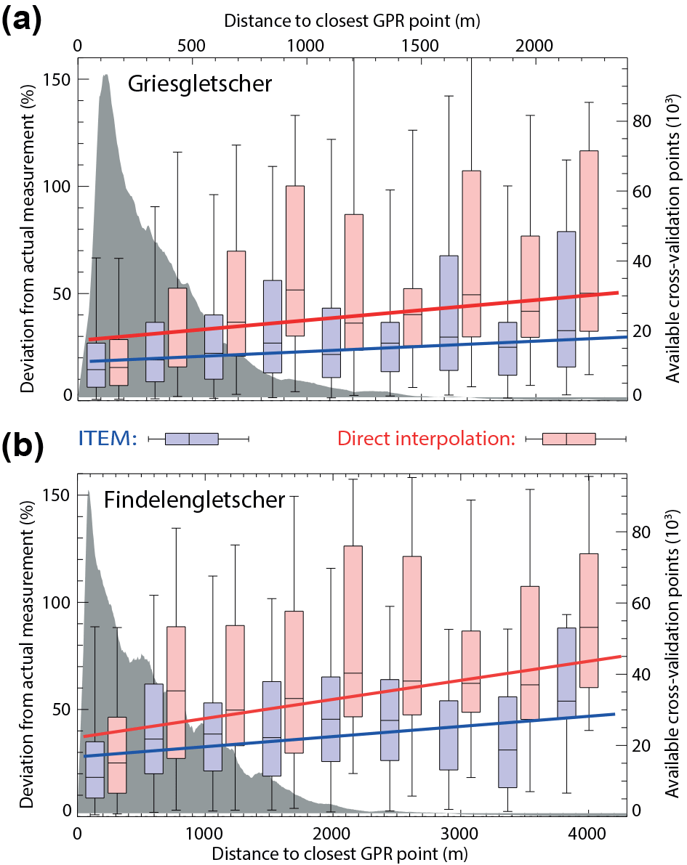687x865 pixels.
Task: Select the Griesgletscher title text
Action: pos(200,84)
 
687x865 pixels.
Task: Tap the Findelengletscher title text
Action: pos(194,500)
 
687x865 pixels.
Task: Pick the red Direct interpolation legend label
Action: pos(426,439)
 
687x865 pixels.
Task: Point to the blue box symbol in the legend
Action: pos(192,439)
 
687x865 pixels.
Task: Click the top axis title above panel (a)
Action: pos(353,21)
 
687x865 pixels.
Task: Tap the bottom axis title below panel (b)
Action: pos(353,850)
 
